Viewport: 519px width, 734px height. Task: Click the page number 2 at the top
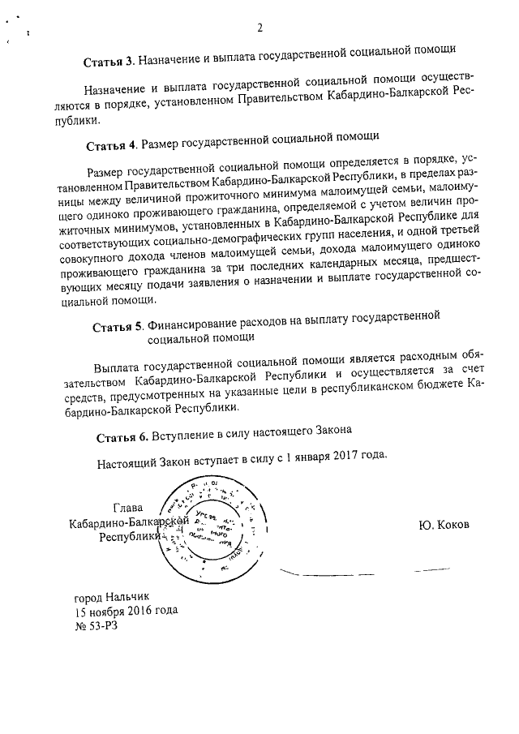coord(260,29)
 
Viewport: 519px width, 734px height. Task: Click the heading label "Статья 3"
coord(109,62)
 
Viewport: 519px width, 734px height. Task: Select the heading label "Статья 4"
coord(111,145)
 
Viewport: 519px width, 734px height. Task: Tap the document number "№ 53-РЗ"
coord(96,626)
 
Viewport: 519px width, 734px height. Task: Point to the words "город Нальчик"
coord(112,596)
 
